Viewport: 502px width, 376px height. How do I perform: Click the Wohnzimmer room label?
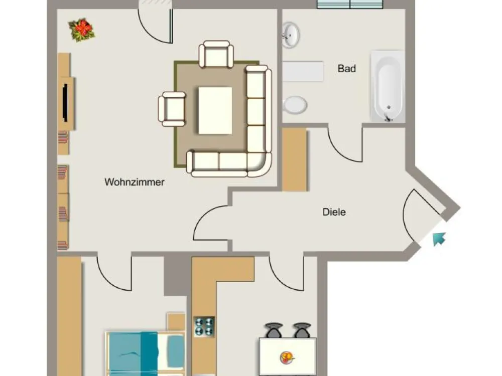pos(135,182)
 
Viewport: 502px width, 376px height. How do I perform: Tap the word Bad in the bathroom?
pos(347,68)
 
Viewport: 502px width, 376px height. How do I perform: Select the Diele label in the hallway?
pos(334,212)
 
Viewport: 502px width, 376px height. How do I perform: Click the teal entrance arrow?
pos(439,239)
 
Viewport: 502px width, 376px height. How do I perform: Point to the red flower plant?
pos(82,30)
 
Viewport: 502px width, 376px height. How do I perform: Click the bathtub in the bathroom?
pos(388,86)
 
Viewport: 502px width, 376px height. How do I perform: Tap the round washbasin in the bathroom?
pos(291,35)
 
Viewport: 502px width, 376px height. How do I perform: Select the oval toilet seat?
pos(295,105)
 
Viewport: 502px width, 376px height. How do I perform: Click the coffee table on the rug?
pos(215,110)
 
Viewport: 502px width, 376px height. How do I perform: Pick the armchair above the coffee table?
pos(216,54)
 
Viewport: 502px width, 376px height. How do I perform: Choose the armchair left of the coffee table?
pos(172,109)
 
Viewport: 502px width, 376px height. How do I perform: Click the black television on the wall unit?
pos(65,103)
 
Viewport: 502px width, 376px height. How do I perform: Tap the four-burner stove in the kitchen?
pos(204,326)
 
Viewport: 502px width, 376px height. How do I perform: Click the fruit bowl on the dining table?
pos(287,357)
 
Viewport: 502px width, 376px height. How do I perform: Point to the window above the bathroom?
pos(350,4)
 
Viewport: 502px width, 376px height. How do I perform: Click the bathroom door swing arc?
pos(341,150)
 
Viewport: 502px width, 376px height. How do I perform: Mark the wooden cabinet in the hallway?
pos(295,160)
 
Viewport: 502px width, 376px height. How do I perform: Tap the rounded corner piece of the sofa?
pos(260,164)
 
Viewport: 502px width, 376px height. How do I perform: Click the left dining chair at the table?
pos(274,330)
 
